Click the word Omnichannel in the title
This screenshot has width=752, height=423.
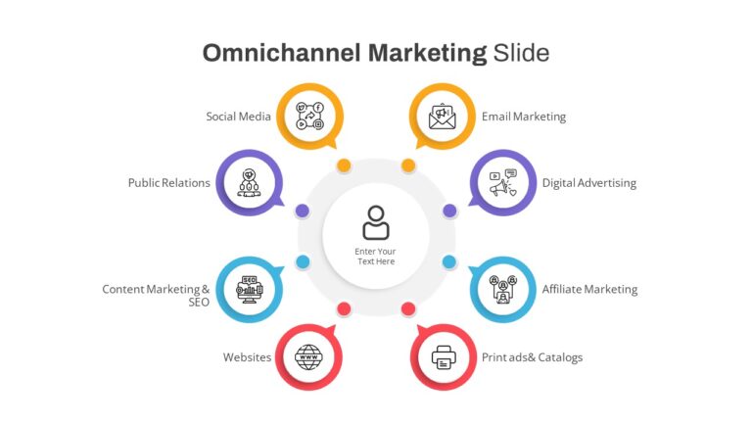(281, 52)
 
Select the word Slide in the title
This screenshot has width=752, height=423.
(521, 52)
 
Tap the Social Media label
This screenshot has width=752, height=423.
(238, 117)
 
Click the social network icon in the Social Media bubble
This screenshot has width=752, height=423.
(309, 117)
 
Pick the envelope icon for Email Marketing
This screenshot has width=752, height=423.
(443, 117)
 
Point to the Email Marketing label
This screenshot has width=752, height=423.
(524, 117)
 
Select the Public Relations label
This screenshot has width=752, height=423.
(168, 183)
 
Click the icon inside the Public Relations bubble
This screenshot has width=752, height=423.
(249, 183)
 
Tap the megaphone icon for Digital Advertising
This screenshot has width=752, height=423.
(502, 183)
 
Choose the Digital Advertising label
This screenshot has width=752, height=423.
(588, 183)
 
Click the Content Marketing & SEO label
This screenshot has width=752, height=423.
(156, 296)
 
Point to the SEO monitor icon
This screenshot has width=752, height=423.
(250, 289)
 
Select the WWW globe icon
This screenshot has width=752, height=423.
(308, 357)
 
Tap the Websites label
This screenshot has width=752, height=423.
(247, 357)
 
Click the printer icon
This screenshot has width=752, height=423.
(444, 357)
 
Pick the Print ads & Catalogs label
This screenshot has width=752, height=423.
(532, 357)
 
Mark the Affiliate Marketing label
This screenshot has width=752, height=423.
(589, 289)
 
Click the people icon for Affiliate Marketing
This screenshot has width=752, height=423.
(502, 289)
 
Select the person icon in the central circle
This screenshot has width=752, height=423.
(376, 222)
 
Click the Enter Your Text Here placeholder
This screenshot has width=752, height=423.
(376, 257)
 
